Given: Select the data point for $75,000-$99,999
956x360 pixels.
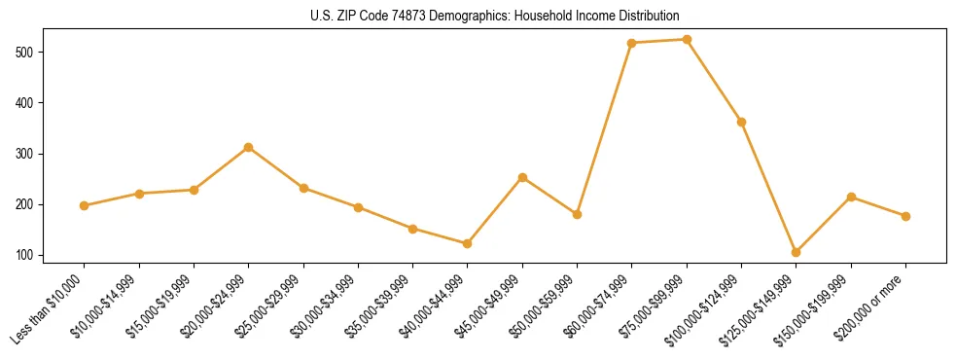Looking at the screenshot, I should tap(687, 40).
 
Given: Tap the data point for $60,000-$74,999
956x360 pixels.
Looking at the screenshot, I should tap(632, 43).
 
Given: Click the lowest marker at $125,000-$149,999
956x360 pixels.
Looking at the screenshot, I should tap(797, 252).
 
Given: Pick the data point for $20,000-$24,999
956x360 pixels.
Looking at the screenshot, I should tap(249, 147).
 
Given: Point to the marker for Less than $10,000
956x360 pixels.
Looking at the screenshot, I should tap(85, 205).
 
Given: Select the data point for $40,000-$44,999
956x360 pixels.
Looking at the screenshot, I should tap(468, 243).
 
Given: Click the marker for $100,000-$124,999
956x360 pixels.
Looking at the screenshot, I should tap(741, 122).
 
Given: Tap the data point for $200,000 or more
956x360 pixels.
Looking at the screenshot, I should tap(905, 216).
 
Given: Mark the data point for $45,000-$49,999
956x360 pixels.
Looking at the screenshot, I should tap(522, 177).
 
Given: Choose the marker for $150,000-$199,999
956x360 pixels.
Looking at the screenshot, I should tap(851, 197).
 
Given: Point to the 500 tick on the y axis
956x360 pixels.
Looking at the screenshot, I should tap(42, 52).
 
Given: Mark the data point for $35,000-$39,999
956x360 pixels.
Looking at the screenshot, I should tap(413, 229).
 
